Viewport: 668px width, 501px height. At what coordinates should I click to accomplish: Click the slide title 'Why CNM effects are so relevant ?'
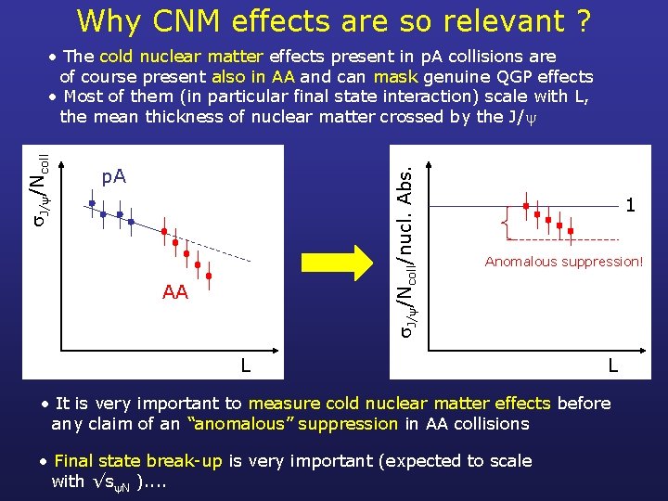click(x=333, y=19)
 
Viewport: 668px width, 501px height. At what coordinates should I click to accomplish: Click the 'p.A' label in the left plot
click(x=113, y=176)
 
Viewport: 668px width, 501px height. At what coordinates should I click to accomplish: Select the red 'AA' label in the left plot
click(x=174, y=292)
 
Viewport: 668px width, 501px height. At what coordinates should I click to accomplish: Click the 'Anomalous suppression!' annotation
click(x=563, y=262)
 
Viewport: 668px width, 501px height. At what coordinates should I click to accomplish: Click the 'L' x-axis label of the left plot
click(x=245, y=366)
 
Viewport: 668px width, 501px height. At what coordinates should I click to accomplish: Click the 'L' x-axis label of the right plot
click(x=612, y=366)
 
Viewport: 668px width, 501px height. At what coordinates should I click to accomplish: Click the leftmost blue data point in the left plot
click(x=92, y=202)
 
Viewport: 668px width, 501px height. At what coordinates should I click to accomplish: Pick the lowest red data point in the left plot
click(x=209, y=276)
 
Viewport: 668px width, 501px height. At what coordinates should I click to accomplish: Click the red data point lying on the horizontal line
click(x=525, y=205)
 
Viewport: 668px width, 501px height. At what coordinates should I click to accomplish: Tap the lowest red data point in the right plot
click(x=571, y=230)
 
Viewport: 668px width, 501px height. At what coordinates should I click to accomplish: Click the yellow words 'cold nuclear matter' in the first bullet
click(x=181, y=57)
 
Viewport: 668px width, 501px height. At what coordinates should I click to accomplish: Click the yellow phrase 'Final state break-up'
click(x=138, y=460)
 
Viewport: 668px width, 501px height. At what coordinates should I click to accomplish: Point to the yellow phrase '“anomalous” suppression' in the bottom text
click(x=292, y=424)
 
